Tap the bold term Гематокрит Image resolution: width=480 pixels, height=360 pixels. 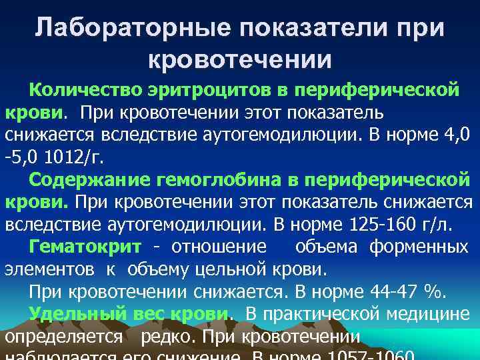(x=85, y=247)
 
